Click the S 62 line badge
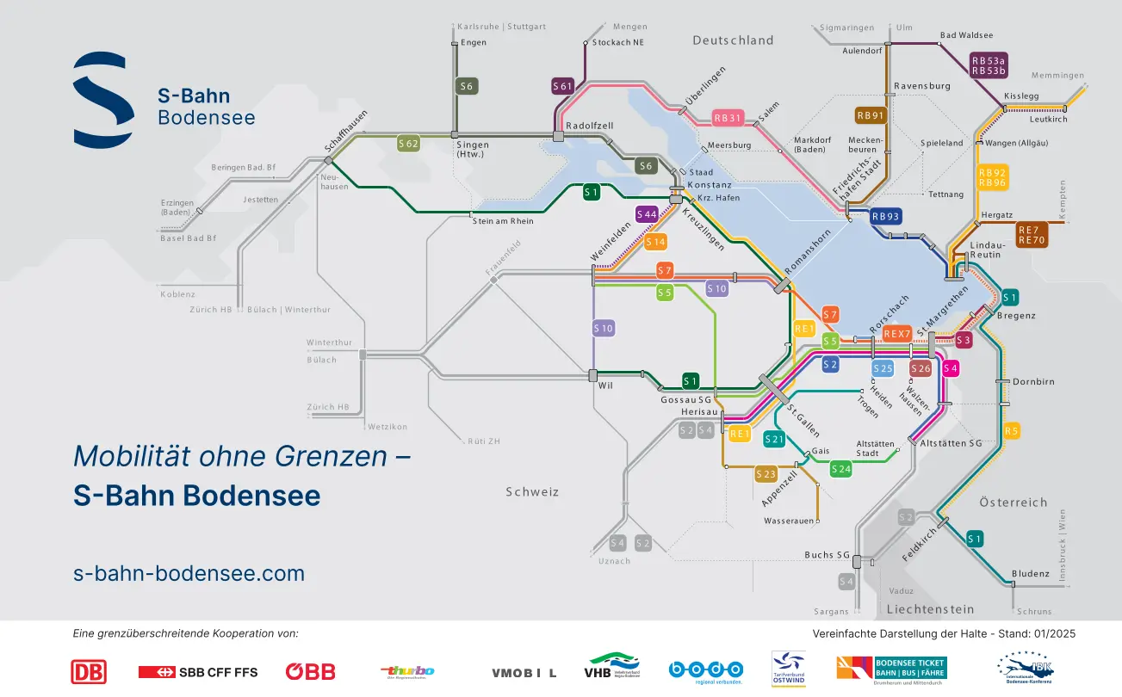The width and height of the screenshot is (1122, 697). tap(408, 144)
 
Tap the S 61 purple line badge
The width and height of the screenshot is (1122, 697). tap(562, 86)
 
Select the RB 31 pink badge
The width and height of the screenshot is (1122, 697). tap(728, 118)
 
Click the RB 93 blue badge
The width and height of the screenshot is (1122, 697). tap(885, 216)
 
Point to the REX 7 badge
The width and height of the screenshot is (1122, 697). tap(896, 333)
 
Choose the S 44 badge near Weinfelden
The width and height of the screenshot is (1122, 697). tap(647, 213)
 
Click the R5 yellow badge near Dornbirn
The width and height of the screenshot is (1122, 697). tap(1012, 430)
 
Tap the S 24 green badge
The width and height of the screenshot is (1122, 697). tap(840, 469)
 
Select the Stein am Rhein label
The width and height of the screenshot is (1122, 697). tap(503, 221)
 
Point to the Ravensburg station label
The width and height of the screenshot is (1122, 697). tap(921, 86)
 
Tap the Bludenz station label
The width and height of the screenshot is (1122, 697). tap(1031, 574)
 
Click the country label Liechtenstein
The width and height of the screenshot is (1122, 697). tap(930, 609)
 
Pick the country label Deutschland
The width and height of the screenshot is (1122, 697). tap(733, 40)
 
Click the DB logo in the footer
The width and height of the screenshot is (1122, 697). tap(89, 671)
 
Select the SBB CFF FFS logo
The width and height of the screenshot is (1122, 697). tap(198, 671)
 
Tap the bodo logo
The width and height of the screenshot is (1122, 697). tap(705, 670)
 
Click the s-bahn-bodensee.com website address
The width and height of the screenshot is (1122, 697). tap(189, 573)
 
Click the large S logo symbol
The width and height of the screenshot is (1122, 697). tap(102, 98)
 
